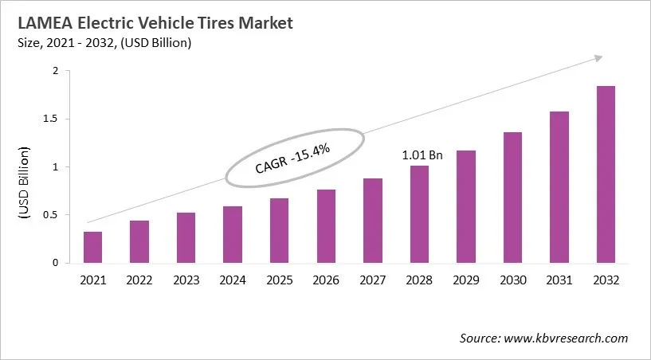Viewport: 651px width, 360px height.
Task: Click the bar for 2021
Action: (93, 247)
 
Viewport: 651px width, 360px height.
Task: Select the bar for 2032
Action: (606, 174)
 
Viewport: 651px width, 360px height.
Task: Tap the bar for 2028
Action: (419, 214)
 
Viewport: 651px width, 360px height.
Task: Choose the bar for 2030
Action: (512, 198)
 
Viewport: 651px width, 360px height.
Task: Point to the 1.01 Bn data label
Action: (422, 155)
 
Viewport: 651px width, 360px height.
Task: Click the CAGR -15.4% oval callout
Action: (292, 158)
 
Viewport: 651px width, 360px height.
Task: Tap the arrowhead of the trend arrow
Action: (598, 58)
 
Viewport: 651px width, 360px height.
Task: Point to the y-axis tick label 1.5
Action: (51, 119)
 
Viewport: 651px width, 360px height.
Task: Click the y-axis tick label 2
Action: (56, 72)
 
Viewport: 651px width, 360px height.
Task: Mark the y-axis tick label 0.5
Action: (51, 215)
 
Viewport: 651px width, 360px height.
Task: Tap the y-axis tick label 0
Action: (56, 263)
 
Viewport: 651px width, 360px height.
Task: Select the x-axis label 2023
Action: (186, 280)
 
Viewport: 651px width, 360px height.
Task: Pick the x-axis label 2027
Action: (373, 280)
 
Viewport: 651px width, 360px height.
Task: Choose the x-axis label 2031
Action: (559, 280)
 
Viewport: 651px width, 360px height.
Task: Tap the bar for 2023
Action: (186, 237)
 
